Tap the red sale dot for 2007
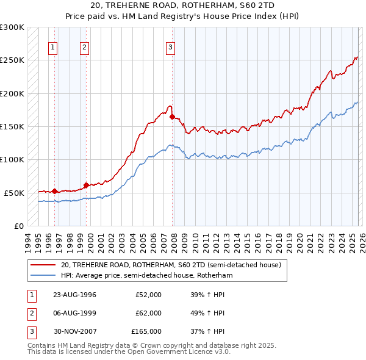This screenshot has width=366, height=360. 173,117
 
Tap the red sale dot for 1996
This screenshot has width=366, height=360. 54,191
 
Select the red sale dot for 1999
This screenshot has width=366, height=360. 86,184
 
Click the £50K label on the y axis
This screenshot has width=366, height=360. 15,193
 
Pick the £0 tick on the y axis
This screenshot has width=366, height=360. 19,226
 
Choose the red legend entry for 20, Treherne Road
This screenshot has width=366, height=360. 170,265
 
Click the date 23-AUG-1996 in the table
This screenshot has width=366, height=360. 75,295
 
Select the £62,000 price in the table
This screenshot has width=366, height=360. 148,313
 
